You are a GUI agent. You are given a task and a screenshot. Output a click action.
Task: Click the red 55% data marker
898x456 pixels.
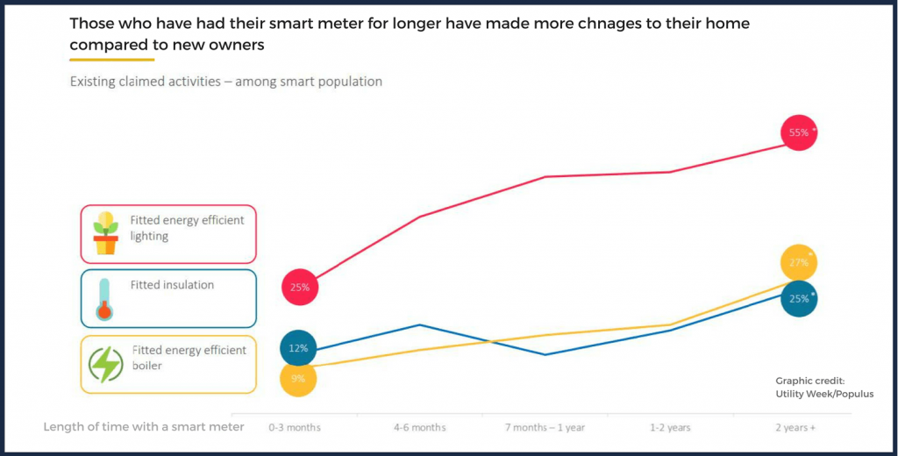[x=798, y=133]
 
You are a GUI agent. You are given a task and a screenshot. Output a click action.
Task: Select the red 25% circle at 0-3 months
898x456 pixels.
[x=299, y=287]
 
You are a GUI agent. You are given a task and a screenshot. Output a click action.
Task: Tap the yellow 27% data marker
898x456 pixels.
[x=798, y=262]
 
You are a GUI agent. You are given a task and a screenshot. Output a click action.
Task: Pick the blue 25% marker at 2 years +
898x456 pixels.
[x=798, y=299]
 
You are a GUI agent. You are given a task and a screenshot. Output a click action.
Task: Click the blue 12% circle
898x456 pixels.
[x=298, y=348]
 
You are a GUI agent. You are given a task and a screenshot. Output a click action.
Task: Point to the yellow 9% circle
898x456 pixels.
[x=298, y=379]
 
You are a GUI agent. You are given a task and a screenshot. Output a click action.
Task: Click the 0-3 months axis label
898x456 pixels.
[x=295, y=428]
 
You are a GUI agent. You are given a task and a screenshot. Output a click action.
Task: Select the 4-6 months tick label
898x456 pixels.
[x=419, y=428]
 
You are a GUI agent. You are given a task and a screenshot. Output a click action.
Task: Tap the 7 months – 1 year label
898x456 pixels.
[x=544, y=428]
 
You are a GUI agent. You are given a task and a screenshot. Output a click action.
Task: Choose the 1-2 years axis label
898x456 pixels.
[x=669, y=428]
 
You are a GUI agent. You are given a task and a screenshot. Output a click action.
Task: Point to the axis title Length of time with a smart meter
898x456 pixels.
[x=146, y=427]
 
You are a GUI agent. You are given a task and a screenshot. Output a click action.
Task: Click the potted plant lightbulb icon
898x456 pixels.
[x=105, y=233]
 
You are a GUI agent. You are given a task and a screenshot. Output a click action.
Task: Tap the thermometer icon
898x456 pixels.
[x=105, y=298]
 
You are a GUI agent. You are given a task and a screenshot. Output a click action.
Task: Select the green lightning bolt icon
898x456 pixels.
[x=106, y=365]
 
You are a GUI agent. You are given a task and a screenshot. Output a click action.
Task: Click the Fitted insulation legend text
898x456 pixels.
[x=172, y=285]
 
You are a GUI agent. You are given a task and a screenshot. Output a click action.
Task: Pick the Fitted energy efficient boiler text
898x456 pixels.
[x=189, y=357]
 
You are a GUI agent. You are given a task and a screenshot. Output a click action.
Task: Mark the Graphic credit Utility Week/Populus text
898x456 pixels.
[x=823, y=388]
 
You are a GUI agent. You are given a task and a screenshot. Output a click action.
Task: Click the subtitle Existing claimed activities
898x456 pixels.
[x=225, y=82]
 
